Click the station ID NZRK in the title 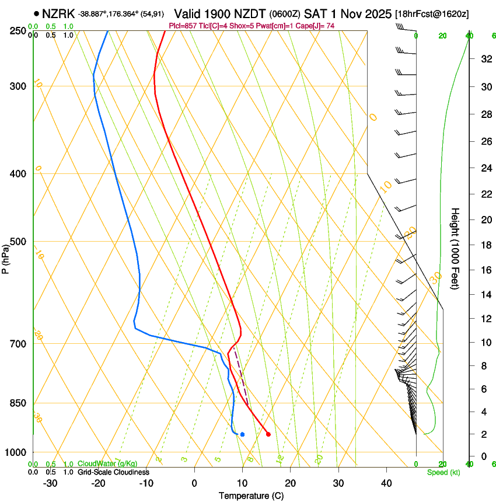click(58, 13)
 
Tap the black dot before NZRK click(37, 13)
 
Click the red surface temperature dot click(268, 434)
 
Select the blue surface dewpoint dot click(242, 434)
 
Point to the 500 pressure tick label click(18, 242)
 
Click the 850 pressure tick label click(18, 403)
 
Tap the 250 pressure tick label click(18, 31)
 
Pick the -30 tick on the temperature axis click(50, 483)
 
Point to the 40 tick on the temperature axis click(386, 483)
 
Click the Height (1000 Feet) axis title click(456, 248)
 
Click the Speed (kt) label click(443, 472)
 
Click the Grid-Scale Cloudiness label click(113, 472)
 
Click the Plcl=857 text click(183, 26)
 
